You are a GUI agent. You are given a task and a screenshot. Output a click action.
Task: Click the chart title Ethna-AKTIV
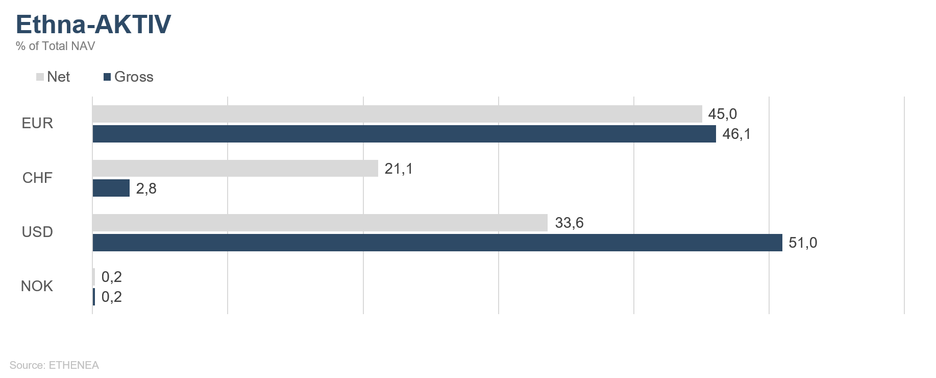(x=93, y=25)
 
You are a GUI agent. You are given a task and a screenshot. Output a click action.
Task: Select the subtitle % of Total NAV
(x=55, y=46)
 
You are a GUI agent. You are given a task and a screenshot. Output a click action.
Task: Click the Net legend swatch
(x=40, y=77)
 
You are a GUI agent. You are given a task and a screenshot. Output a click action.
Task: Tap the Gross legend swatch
(x=107, y=77)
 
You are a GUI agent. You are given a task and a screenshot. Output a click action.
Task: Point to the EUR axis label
(x=37, y=124)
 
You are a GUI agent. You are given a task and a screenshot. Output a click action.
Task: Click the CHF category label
(x=37, y=178)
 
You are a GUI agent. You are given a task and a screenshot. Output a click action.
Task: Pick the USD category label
(x=37, y=232)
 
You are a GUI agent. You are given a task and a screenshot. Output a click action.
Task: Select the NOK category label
(x=37, y=286)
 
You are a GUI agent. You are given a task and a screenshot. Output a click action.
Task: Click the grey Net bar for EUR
(x=397, y=114)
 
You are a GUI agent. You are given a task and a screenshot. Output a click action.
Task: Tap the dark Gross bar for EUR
(x=404, y=134)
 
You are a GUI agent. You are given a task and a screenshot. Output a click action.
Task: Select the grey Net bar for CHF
(x=235, y=168)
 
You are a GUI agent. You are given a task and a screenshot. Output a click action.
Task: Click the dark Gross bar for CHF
(x=111, y=188)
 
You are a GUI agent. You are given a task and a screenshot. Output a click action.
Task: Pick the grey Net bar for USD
(x=320, y=223)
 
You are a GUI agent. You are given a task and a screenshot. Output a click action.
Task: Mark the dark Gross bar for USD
(x=437, y=243)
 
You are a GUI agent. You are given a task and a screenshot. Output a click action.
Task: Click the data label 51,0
(x=803, y=243)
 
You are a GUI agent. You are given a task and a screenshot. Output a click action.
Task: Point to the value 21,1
(x=399, y=169)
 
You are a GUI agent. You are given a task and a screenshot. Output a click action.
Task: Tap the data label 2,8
(x=146, y=188)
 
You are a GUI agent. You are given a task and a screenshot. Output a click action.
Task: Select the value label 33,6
(x=569, y=223)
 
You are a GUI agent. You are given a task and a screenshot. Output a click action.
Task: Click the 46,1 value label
(x=736, y=134)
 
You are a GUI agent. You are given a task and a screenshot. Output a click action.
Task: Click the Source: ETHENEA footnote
(x=54, y=365)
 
